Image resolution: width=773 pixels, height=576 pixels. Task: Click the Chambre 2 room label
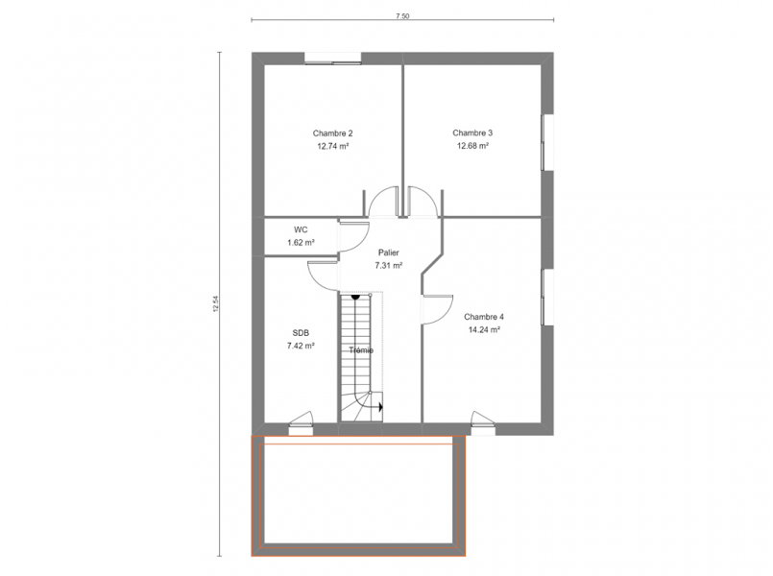pos(333,133)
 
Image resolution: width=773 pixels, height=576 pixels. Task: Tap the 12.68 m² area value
pos(472,146)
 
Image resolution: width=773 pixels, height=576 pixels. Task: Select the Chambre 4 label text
pos(484,318)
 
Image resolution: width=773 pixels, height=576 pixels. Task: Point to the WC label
pos(301,230)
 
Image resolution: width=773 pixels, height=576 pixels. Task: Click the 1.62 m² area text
pos(301,243)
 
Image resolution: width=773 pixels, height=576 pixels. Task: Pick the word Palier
pos(389,252)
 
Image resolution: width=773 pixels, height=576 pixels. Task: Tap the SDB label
pos(301,333)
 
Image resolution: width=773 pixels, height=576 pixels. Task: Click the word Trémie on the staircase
pos(361,350)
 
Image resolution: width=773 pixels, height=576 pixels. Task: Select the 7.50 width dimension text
pos(402,16)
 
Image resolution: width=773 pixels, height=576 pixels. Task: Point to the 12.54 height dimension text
pos(215,303)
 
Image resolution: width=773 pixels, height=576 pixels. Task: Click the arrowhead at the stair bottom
pos(381,407)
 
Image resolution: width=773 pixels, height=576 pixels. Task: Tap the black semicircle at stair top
pos(355,297)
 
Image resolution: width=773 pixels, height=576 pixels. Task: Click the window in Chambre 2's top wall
pos(333,58)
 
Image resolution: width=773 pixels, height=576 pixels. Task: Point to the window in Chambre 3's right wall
pos(547,143)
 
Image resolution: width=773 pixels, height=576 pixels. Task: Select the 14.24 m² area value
pos(484,330)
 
